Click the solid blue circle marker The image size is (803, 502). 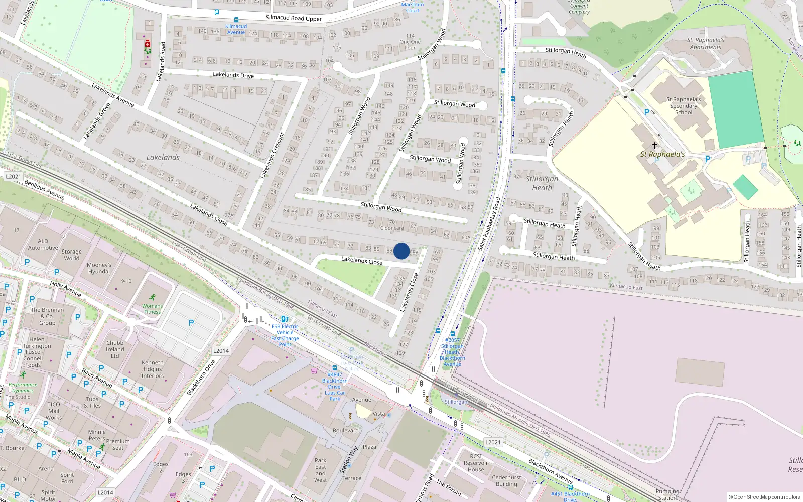[x=401, y=251]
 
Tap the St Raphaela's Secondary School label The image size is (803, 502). [x=683, y=106]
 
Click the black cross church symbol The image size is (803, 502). [x=654, y=146]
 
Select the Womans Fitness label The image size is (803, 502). [x=152, y=309]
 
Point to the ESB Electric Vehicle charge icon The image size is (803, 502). [x=284, y=319]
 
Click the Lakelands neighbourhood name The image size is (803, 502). [x=163, y=157]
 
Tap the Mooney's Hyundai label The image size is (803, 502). [x=99, y=268]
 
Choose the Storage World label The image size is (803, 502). [x=72, y=255]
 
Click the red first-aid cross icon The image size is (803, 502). [x=147, y=44]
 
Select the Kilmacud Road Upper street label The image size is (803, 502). [x=293, y=18]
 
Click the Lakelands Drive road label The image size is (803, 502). [x=233, y=75]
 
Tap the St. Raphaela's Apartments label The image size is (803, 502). [x=705, y=44]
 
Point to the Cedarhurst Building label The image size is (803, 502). [x=506, y=481]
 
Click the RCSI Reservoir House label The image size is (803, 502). [x=476, y=463]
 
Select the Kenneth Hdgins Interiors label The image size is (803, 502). [x=152, y=369]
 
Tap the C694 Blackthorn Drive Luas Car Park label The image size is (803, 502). [x=335, y=387]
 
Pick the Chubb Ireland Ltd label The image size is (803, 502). [x=115, y=349]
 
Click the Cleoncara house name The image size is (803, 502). [x=392, y=228]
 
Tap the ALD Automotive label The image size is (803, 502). [x=43, y=244]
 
